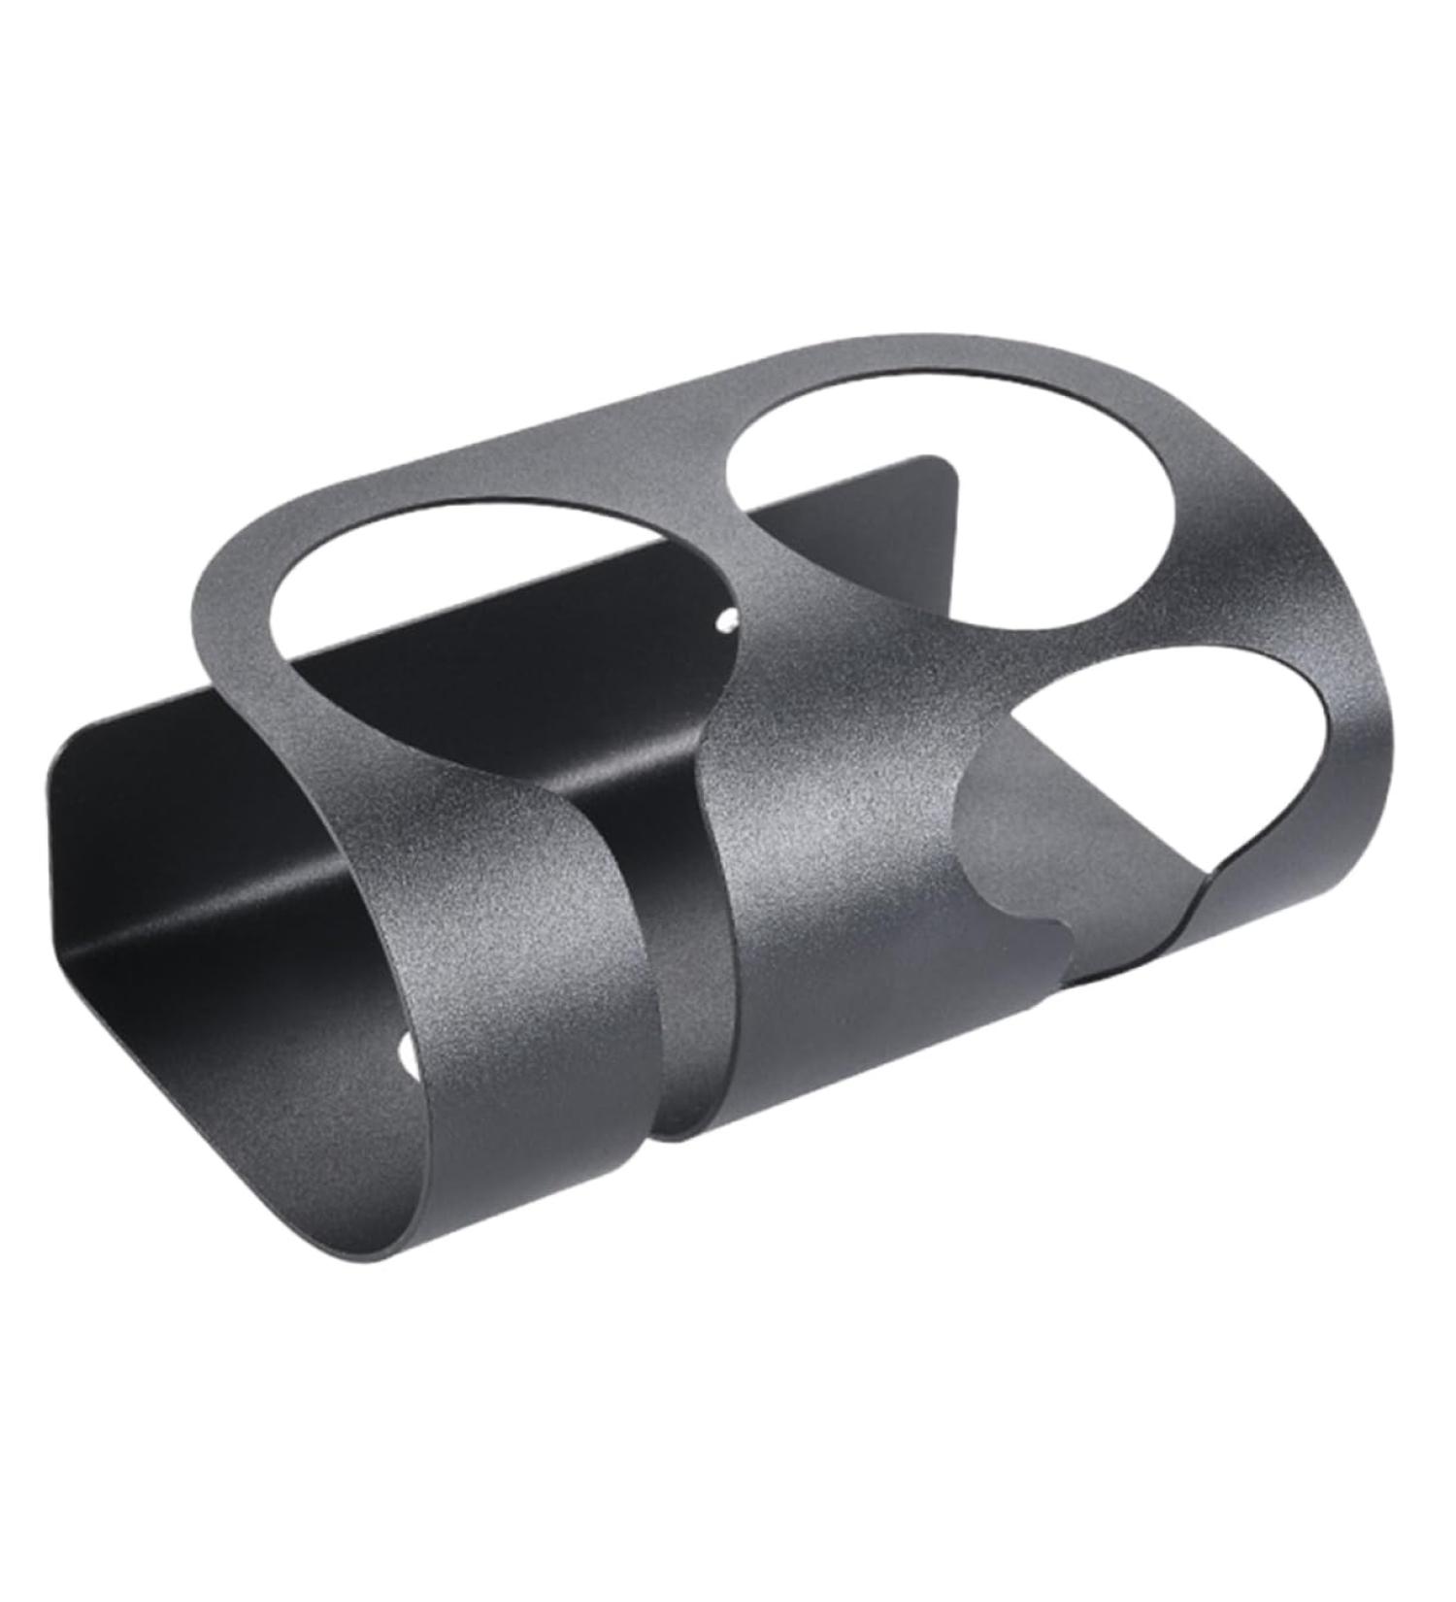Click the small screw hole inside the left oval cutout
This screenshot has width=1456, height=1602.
(x=723, y=619)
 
